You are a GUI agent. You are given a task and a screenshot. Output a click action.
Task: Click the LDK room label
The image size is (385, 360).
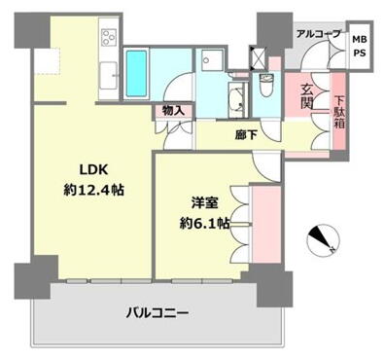(x=93, y=169)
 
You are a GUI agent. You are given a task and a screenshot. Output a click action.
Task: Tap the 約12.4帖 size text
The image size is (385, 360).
(x=93, y=190)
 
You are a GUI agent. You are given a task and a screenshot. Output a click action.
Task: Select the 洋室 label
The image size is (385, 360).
(x=205, y=203)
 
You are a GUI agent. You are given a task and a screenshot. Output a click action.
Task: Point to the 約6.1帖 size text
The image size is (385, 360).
(x=205, y=224)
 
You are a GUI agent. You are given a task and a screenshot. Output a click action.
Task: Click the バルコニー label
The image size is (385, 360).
(x=157, y=313)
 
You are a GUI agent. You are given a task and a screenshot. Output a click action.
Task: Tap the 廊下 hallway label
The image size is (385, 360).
(x=246, y=135)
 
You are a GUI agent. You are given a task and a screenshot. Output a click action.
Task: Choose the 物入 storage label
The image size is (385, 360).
(x=174, y=111)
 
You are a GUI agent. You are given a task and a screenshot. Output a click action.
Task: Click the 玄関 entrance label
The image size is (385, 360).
(x=306, y=96)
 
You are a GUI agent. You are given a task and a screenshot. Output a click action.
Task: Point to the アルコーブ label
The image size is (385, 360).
(x=319, y=33)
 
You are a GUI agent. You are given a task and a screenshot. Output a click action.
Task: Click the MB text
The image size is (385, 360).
(x=360, y=40)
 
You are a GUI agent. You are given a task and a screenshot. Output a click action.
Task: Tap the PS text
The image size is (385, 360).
(x=360, y=53)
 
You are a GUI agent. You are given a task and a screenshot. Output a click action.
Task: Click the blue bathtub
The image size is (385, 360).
(x=136, y=73)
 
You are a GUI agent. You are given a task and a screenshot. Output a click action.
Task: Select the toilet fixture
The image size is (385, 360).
(x=266, y=85)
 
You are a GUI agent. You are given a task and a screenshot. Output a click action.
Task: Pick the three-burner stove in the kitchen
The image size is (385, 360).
(x=109, y=37)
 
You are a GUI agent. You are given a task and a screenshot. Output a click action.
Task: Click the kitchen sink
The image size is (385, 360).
(x=108, y=75)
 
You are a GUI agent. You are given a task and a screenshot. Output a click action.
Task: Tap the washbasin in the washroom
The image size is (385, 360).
(x=235, y=99)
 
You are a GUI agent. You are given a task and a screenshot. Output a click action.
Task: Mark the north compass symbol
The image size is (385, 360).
(x=323, y=240)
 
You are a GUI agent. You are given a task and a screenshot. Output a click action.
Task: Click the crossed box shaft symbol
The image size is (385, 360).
(x=259, y=58)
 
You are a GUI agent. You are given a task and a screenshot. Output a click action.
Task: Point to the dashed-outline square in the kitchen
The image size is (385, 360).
(x=47, y=61)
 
